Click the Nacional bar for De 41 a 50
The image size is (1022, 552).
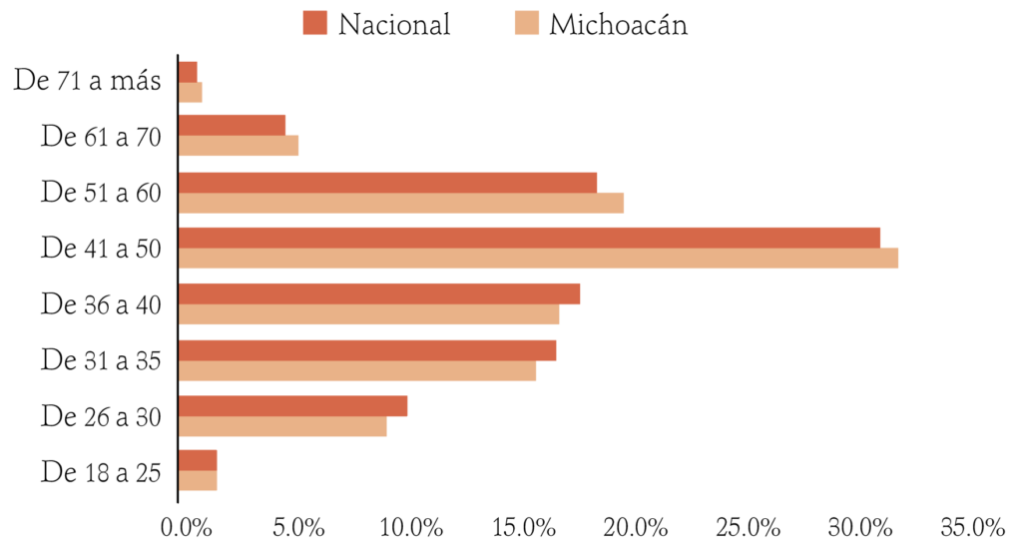coord(529,238)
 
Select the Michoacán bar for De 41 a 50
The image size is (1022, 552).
coord(538,258)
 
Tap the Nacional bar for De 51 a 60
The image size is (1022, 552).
coord(387,183)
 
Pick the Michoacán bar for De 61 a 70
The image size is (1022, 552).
coord(239,146)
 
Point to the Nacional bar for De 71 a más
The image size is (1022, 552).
coord(188,71)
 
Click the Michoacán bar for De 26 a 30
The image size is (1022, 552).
coord(282,426)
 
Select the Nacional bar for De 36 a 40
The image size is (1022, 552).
coord(379,294)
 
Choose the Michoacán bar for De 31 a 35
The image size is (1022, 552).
coord(357,370)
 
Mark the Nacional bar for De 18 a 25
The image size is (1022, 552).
coord(198,459)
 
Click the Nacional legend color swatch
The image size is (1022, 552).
coord(315,22)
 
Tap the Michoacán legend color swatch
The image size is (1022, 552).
coord(526,22)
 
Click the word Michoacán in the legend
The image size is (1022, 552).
coord(619,24)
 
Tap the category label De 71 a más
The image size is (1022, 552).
coord(88,81)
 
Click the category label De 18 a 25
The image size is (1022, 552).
coord(101,471)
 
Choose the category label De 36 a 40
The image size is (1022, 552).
coord(101,304)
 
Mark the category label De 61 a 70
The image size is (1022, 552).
coord(101,137)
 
